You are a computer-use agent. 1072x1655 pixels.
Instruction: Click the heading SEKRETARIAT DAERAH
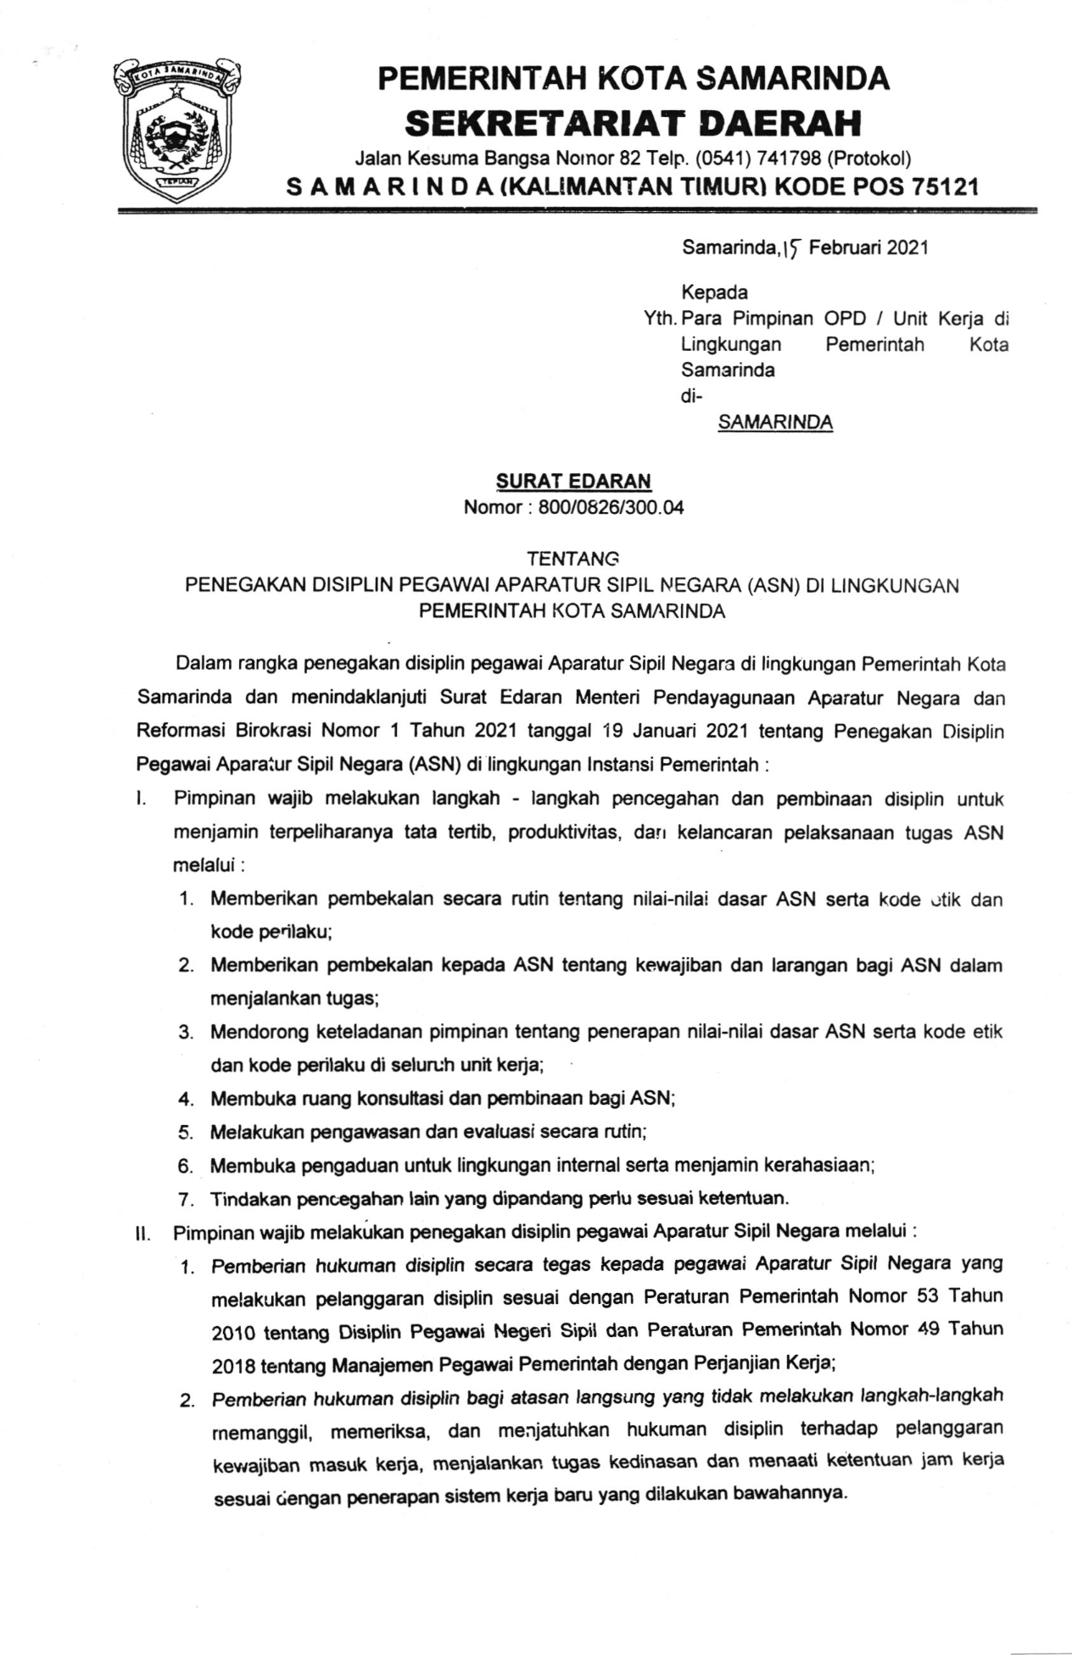tap(633, 124)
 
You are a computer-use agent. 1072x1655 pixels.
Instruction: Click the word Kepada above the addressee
tap(714, 293)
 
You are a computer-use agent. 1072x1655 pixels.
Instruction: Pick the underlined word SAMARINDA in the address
tap(774, 422)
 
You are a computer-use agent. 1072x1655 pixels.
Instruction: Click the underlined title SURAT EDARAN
tap(573, 481)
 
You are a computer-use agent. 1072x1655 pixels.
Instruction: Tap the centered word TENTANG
tap(573, 559)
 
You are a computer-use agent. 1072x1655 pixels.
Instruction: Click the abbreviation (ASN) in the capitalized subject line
tap(773, 586)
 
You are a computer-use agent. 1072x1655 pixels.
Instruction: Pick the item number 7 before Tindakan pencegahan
tap(186, 1200)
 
